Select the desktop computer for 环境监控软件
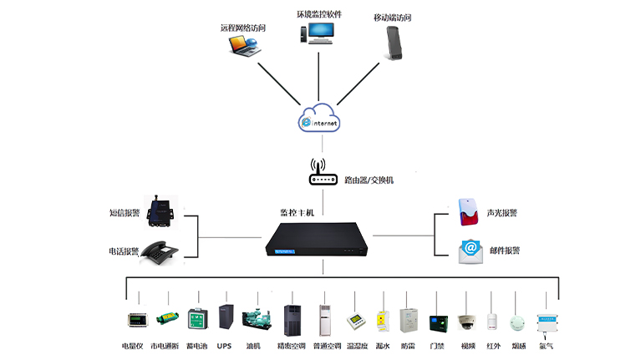pyautogui.click(x=318, y=32)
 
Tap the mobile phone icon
pyautogui.click(x=394, y=42)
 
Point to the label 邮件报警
pyautogui.click(x=503, y=250)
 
